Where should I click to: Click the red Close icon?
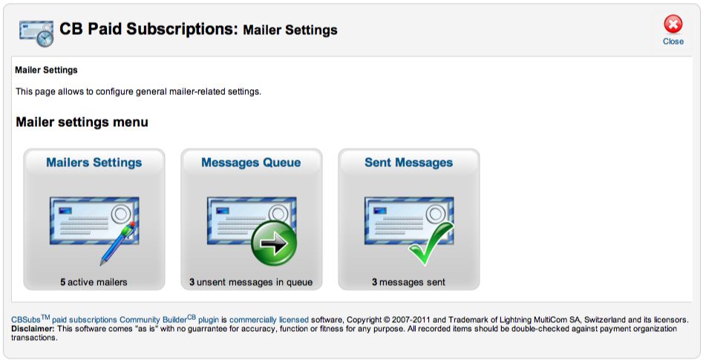pyautogui.click(x=673, y=24)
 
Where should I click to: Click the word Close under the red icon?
pyautogui.click(x=673, y=42)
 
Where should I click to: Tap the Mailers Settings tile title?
pyautogui.click(x=94, y=163)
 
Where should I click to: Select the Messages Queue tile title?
pyautogui.click(x=251, y=163)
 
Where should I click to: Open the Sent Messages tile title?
pyautogui.click(x=409, y=163)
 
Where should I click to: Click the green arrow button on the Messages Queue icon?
pyautogui.click(x=274, y=243)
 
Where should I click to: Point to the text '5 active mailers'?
pyautogui.click(x=94, y=283)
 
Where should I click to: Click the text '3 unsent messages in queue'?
pyautogui.click(x=251, y=283)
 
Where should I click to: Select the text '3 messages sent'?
pyautogui.click(x=409, y=283)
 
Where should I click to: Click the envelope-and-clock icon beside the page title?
pyautogui.click(x=36, y=33)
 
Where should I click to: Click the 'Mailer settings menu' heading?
pyautogui.click(x=82, y=122)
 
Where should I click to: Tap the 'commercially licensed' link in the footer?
pyautogui.click(x=269, y=320)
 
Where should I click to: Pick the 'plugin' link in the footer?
pyautogui.click(x=209, y=320)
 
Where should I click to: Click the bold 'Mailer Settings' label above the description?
pyautogui.click(x=46, y=71)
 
